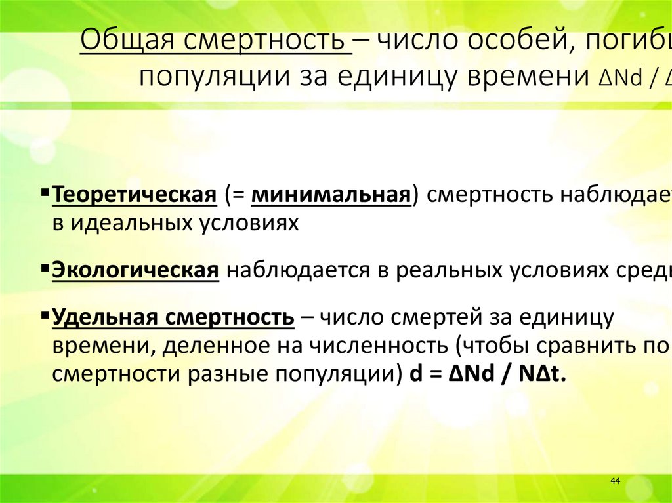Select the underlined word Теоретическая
pos(135,195)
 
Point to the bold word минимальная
pos(331,195)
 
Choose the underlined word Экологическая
pos(135,271)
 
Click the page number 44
pos(615,481)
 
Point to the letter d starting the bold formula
pos(414,374)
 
